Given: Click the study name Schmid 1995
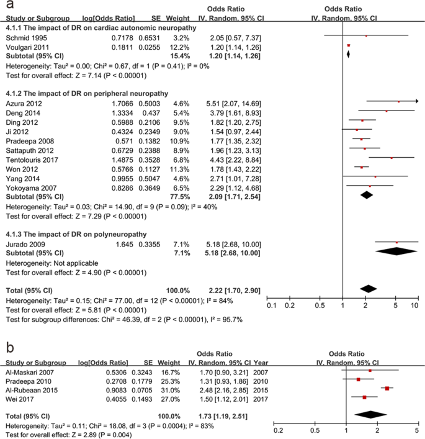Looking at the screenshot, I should [23, 37].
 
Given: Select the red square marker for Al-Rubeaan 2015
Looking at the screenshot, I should [387, 388].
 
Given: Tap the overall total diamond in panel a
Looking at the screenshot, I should [369, 288].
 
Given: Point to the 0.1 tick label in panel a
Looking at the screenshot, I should [271, 305].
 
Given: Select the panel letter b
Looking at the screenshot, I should [9, 346].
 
